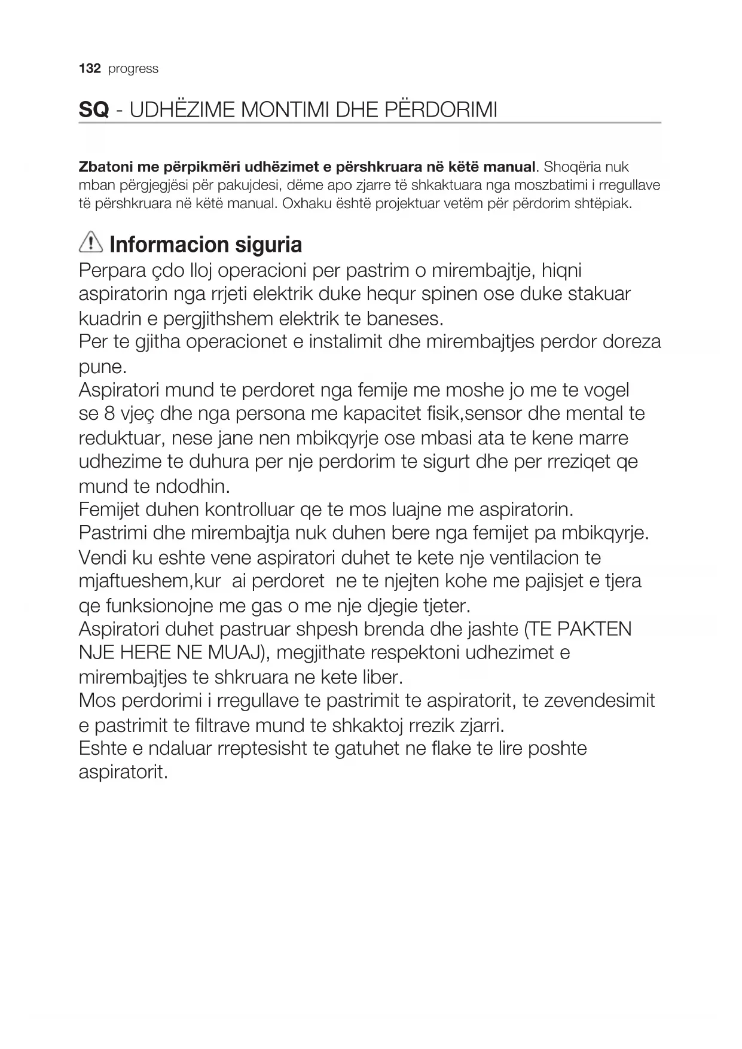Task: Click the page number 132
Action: pos(90,69)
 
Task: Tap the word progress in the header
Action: pos(133,69)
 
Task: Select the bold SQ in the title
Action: pos(94,111)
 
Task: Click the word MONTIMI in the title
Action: pos(276,111)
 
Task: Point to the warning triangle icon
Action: pos(91,243)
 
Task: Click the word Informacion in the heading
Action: pos(169,245)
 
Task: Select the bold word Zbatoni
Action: pos(102,167)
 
